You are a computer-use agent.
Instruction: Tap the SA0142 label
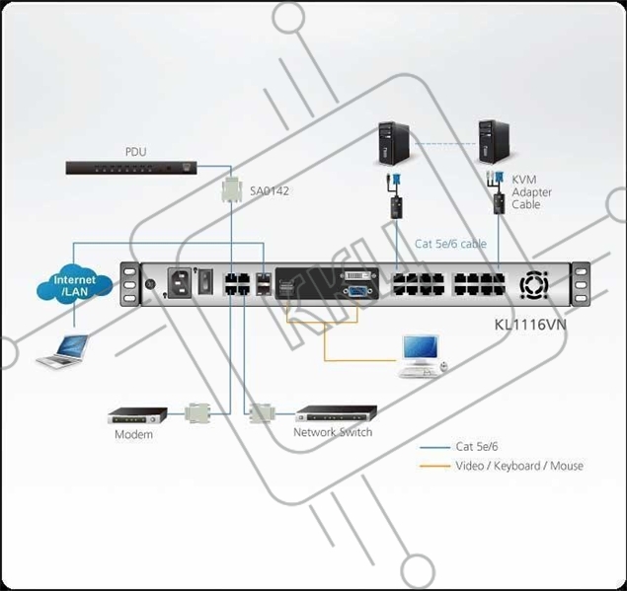pos(271,190)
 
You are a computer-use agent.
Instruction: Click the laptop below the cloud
pos(61,351)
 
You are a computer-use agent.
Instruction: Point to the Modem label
pos(133,434)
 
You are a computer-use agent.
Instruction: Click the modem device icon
pos(133,414)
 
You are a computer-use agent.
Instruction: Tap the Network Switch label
pos(333,432)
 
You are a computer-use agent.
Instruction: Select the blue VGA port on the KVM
pos(356,291)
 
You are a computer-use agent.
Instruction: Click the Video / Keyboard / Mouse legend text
pos(518,466)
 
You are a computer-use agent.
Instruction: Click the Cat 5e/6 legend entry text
pos(478,447)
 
